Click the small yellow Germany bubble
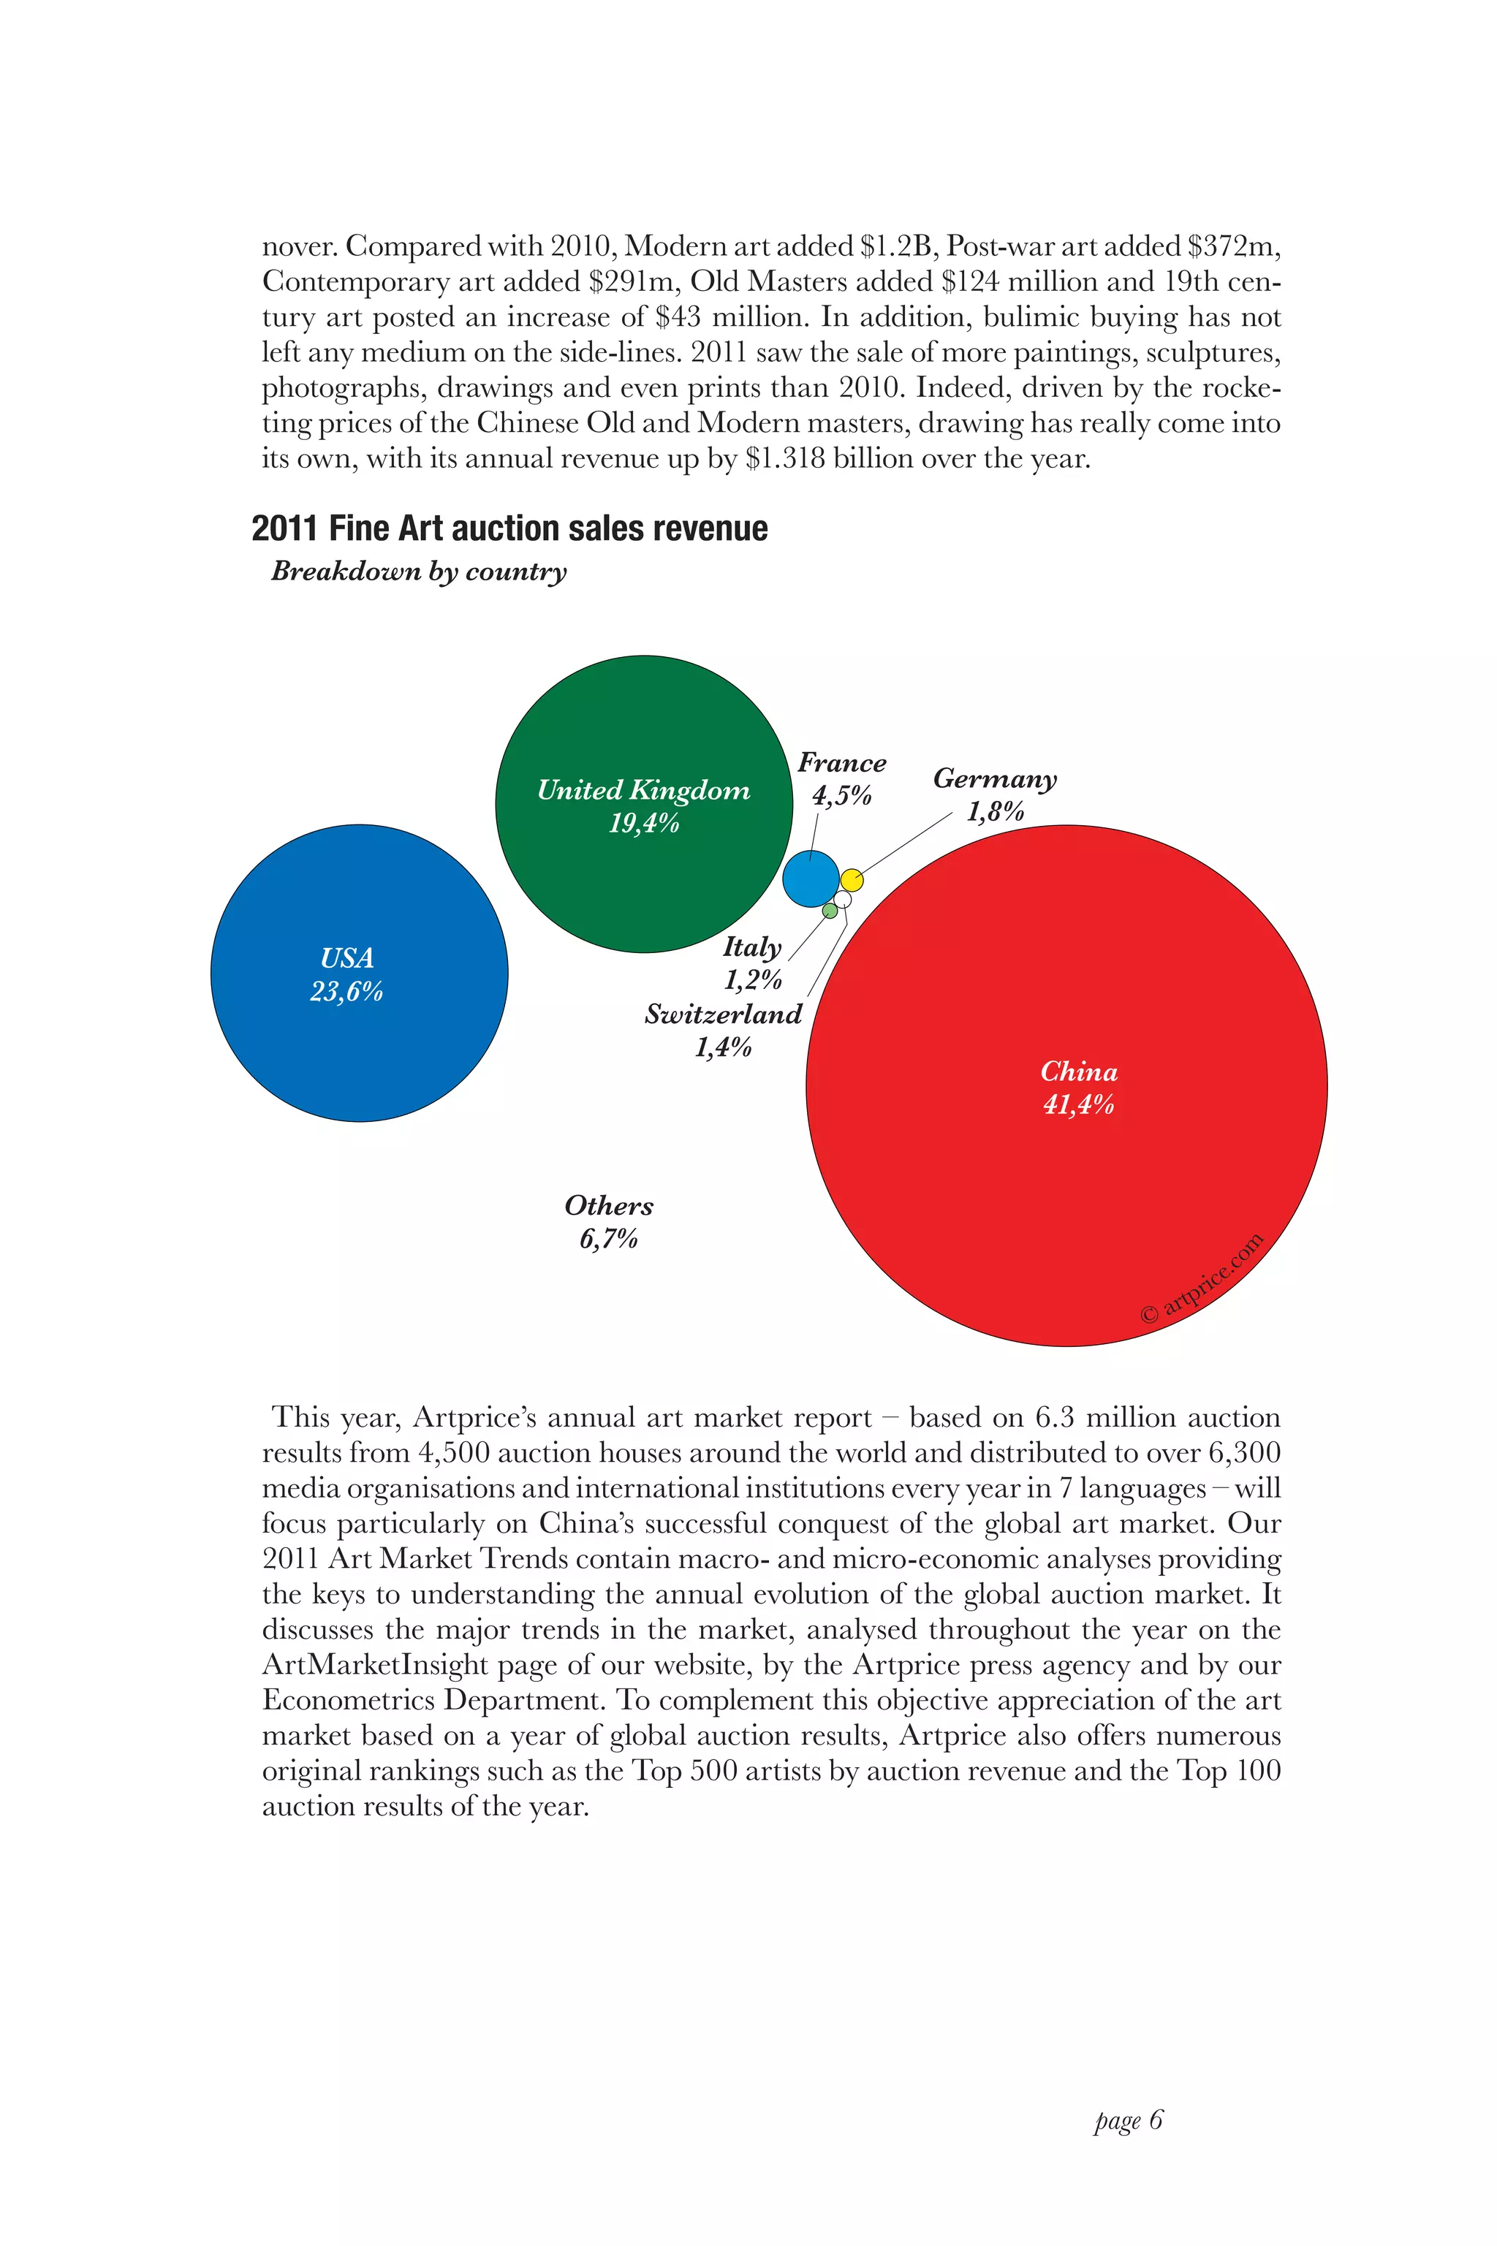coord(852,879)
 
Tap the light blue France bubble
coord(811,879)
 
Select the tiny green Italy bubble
coord(830,911)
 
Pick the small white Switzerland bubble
coord(842,899)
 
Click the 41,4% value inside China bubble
coord(1078,1105)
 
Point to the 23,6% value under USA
coord(346,993)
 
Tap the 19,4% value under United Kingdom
coord(643,823)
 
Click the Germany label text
coord(995,779)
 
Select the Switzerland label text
coord(723,1014)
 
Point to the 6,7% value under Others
coord(608,1239)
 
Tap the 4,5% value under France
coord(841,796)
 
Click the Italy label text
coord(752,947)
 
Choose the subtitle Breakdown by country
coord(418,571)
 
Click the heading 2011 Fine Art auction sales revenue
coord(509,528)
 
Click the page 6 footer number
coord(1129,2120)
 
